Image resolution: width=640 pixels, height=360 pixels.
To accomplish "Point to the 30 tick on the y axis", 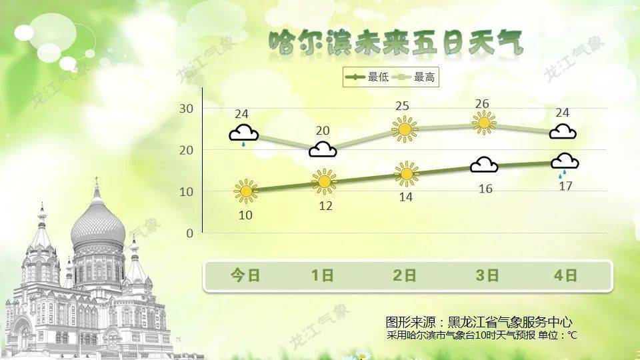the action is pos(186,109).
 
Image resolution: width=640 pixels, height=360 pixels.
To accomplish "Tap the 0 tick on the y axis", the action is pos(190,233).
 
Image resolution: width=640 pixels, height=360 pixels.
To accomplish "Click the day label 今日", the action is pos(245,275).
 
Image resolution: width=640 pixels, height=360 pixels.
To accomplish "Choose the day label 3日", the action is pos(487,275).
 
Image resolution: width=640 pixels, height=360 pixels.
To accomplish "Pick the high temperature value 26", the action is pos(482,104).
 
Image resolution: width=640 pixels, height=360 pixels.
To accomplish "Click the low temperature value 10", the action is pos(245,215).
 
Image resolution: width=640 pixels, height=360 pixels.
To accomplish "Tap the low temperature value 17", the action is pos(565,186).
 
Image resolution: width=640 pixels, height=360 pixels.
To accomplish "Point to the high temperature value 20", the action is pos(323,131).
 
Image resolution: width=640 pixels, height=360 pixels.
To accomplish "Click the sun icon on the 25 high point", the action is pos(405,129).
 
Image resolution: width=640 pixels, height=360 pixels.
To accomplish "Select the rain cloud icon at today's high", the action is pos(244,135).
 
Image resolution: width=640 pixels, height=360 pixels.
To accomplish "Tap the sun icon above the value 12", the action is pos(325,181).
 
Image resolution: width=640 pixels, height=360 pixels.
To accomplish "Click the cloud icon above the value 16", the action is pos(484,165).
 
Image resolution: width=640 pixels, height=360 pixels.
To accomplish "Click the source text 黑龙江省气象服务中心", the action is pos(510,323).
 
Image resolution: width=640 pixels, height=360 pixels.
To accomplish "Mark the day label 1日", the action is pos(322,275).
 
